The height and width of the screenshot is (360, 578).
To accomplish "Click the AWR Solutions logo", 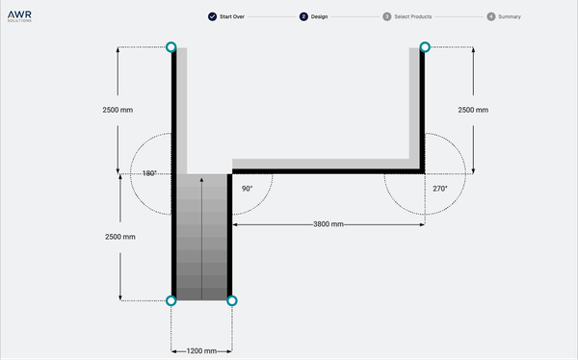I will (19, 16).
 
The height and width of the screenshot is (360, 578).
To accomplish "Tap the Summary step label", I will (510, 17).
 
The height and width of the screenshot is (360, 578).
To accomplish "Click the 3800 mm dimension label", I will (328, 224).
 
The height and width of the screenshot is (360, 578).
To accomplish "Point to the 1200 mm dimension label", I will (201, 350).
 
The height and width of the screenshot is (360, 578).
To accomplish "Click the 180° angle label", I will (149, 174).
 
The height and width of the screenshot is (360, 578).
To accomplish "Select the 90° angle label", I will (247, 189).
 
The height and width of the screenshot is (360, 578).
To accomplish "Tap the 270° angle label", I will (439, 189).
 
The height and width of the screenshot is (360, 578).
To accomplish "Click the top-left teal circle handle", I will (171, 47).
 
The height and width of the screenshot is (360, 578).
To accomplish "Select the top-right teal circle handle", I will (425, 47).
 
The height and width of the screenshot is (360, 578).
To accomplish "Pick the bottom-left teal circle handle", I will (171, 301).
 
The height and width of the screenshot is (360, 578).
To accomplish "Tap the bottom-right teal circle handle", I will (231, 301).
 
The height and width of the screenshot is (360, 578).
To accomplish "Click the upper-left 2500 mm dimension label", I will (118, 110).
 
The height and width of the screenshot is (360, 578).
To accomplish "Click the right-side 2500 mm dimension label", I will (473, 110).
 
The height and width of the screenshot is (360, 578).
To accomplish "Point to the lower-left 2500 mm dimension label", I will (118, 237).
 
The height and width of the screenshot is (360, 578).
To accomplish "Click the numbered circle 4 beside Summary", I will (491, 17).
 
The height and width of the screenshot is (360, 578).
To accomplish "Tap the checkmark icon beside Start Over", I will (212, 17).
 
